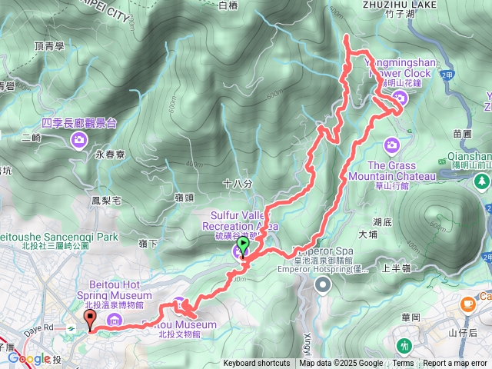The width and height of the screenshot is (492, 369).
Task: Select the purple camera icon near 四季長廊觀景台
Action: pos(79,139)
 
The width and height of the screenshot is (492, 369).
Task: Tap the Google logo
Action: pos(28,358)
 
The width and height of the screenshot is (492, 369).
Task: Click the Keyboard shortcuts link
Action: pos(257,364)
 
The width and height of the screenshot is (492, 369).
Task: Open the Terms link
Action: pos(403,364)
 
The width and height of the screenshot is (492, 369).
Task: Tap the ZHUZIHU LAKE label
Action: pos(399,5)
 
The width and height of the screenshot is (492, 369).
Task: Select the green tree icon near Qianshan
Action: pos(481,182)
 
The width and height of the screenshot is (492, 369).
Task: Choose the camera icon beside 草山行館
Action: pos(392,145)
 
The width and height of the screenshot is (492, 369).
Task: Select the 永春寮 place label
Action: pos(110,155)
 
